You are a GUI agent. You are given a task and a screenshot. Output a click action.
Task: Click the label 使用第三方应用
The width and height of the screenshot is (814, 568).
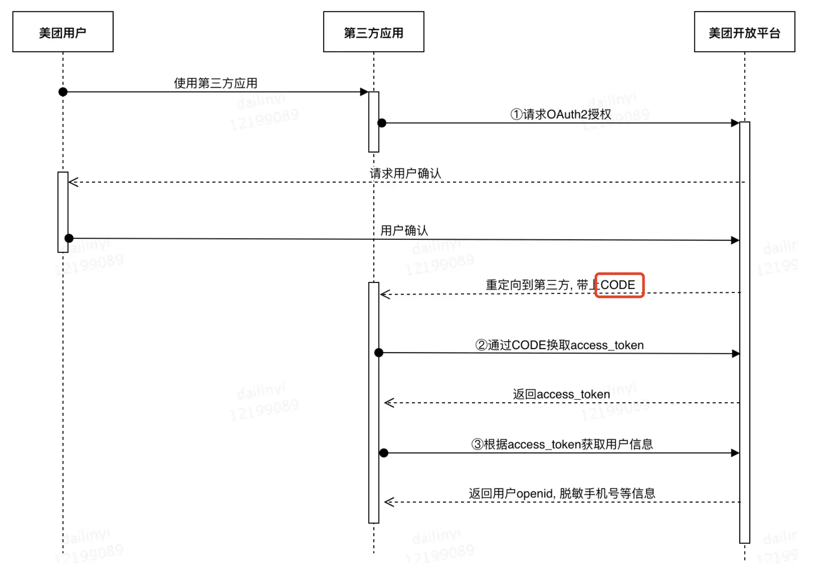[216, 83]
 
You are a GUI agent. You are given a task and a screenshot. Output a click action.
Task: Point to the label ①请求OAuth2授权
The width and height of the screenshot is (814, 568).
[561, 114]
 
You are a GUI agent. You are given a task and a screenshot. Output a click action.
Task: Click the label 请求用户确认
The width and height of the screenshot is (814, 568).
[405, 173]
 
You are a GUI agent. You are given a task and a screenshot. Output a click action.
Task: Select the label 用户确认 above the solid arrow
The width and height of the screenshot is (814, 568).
[404, 230]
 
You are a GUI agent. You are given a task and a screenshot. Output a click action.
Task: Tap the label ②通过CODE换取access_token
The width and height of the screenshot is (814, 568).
[559, 345]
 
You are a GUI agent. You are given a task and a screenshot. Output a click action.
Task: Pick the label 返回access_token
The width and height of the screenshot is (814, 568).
[561, 394]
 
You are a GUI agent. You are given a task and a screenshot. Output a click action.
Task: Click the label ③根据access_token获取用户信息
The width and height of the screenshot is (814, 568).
[562, 444]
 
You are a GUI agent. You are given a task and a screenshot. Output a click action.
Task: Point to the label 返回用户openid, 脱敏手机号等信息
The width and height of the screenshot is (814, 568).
[562, 494]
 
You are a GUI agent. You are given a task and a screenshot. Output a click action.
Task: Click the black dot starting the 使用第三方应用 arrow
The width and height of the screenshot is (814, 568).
[63, 92]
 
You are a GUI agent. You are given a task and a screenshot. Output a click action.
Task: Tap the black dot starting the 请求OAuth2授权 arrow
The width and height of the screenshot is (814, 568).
[382, 123]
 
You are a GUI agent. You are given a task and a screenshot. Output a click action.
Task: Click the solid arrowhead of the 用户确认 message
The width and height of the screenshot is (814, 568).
[735, 240]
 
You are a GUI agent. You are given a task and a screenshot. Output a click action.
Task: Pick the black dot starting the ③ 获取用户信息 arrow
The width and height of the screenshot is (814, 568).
[383, 453]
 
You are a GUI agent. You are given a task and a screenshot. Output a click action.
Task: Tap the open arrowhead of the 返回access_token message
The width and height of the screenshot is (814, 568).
[389, 403]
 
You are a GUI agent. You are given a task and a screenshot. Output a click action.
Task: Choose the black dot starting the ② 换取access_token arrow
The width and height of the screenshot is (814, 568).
[379, 353]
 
